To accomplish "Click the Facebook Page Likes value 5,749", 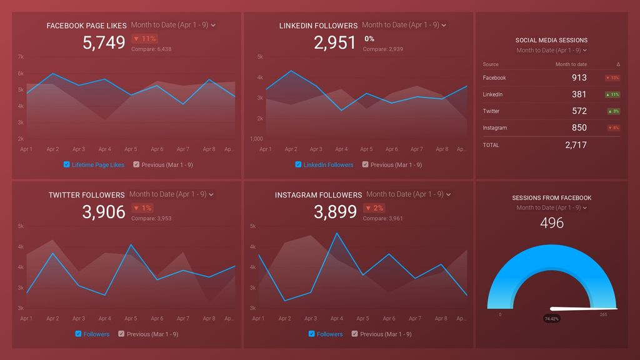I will (x=104, y=42).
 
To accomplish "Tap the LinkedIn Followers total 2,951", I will (x=335, y=42).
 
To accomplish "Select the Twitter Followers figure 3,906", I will (x=104, y=212).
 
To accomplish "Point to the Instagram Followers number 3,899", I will (x=335, y=212).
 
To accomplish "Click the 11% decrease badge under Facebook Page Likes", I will (x=144, y=39).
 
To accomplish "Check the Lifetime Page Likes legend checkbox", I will (x=67, y=165).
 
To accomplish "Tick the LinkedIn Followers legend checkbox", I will (x=299, y=165).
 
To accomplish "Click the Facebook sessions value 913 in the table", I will (x=579, y=78).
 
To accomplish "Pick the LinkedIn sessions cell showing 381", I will (x=579, y=94).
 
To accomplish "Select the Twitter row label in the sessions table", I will (x=491, y=111).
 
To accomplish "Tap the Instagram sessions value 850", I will (x=579, y=127).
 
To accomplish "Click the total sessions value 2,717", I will (x=576, y=145).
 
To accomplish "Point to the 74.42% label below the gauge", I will (x=551, y=318).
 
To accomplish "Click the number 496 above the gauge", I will (x=552, y=223).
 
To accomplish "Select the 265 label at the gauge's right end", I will (x=603, y=314).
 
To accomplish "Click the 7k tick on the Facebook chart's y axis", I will (x=21, y=57).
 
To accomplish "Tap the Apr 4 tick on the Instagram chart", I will (x=336, y=319).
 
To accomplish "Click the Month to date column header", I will (x=571, y=64).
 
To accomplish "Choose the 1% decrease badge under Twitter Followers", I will (x=142, y=208).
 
